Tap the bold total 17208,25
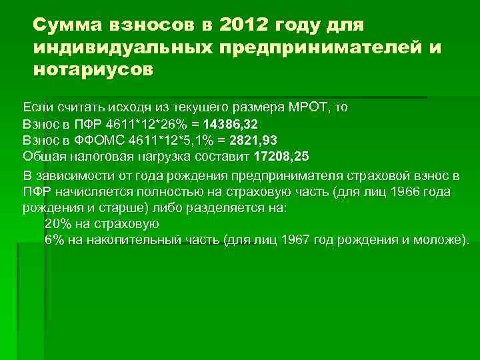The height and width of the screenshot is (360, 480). coord(282,157)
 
